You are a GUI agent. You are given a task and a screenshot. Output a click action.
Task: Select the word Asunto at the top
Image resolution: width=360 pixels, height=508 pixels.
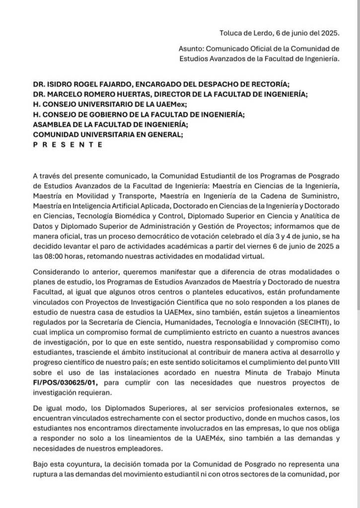(191, 49)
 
